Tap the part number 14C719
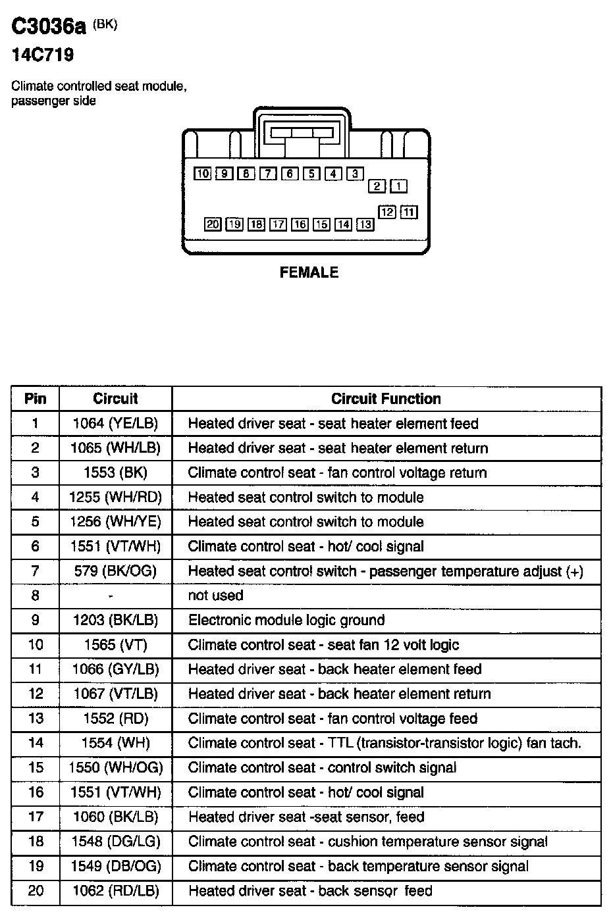(x=42, y=55)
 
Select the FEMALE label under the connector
(x=309, y=272)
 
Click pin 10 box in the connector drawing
(x=202, y=174)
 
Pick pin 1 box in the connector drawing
(x=398, y=186)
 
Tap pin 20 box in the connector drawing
(x=212, y=224)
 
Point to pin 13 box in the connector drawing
(x=365, y=224)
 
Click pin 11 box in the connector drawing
(x=409, y=212)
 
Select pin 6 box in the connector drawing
(x=290, y=174)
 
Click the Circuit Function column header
(x=386, y=399)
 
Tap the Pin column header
(x=35, y=399)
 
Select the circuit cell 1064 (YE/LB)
(x=115, y=423)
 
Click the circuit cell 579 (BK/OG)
(x=115, y=571)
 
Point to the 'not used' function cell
(x=216, y=596)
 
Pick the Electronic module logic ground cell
(x=286, y=620)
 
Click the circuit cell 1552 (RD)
(x=115, y=719)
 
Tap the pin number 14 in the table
(x=35, y=743)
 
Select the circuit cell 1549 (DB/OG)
(x=115, y=866)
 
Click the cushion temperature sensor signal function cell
(x=367, y=842)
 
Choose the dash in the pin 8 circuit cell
(x=111, y=596)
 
